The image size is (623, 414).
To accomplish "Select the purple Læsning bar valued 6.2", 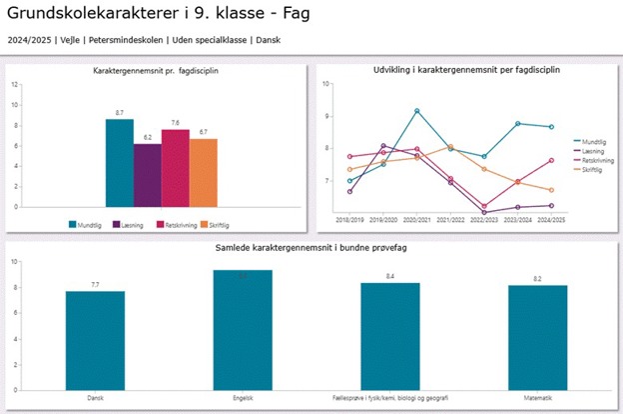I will point(147,175).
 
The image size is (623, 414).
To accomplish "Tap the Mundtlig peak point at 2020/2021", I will point(417,111).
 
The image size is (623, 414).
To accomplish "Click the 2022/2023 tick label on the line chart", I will point(485,220).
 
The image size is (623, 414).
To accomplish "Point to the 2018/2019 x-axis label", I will point(349,220).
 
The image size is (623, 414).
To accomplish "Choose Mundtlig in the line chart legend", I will point(596,142).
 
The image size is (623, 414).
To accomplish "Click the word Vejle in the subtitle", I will point(72,40).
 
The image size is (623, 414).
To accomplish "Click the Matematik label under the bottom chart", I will point(537,398).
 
